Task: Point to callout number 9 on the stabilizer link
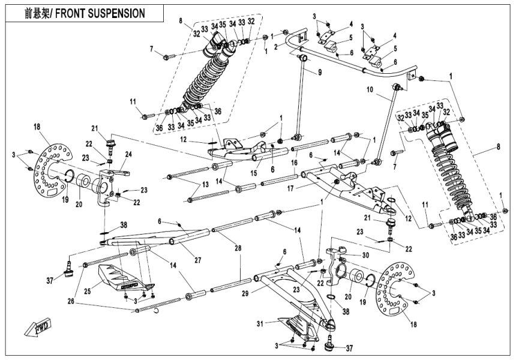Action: point(320,73)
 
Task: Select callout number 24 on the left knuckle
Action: point(127,153)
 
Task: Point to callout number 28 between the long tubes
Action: point(239,247)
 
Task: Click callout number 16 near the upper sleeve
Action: point(295,163)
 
